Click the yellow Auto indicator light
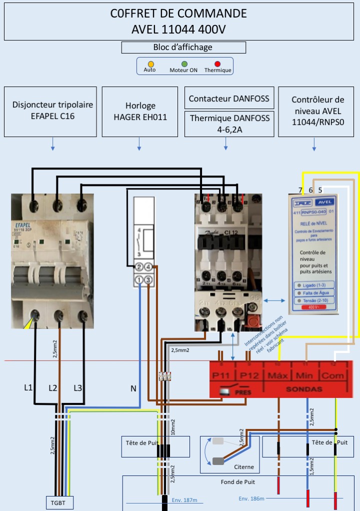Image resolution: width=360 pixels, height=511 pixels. pos(151,63)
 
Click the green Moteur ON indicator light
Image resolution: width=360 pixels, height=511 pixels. pos(184,63)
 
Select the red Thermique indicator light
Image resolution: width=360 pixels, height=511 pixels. pos(217,63)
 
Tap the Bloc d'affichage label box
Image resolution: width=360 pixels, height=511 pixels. pos(183,47)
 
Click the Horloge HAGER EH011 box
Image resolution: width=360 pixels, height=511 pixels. pos(140,111)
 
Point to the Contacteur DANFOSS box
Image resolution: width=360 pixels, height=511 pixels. pos(229,98)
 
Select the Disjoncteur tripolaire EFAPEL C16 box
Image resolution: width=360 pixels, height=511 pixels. pos(50,111)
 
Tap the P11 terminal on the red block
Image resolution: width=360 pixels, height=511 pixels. pos(222,374)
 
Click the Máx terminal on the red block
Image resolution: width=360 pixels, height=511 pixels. pos(278,374)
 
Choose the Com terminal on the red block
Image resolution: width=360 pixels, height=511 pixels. pos(333,374)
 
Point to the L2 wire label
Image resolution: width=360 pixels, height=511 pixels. pos(53,388)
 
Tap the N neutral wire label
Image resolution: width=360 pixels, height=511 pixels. pos(133,388)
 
